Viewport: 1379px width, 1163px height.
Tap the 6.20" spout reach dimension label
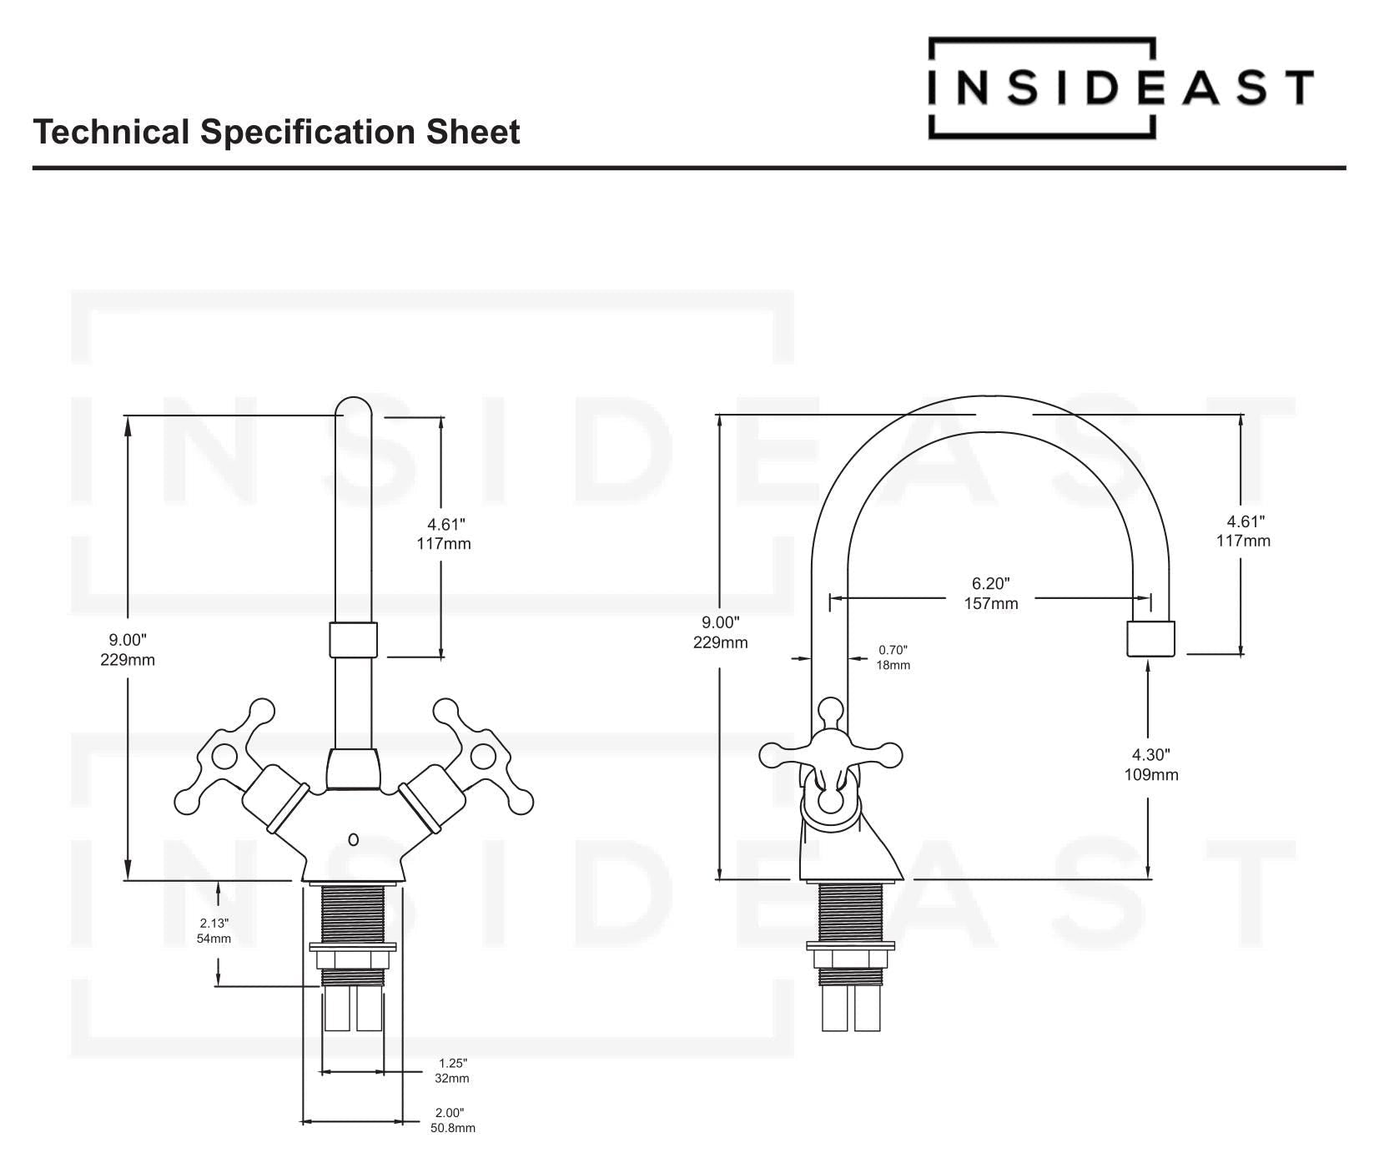coord(990,593)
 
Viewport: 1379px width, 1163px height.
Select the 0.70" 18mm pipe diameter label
coord(892,657)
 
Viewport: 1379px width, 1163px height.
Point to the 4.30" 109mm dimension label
coord(1150,764)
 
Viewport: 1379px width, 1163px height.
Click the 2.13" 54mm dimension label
coord(214,930)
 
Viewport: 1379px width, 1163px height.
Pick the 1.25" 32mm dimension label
coord(452,1070)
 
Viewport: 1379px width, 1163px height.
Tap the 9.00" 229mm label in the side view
coord(720,632)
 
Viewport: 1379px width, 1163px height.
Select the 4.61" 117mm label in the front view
coord(444,534)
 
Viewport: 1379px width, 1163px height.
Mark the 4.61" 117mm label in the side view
coord(1242,531)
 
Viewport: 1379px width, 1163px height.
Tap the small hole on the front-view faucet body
coord(353,839)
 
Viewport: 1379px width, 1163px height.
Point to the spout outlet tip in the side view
coord(1150,639)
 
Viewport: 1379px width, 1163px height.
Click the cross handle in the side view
coord(829,755)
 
